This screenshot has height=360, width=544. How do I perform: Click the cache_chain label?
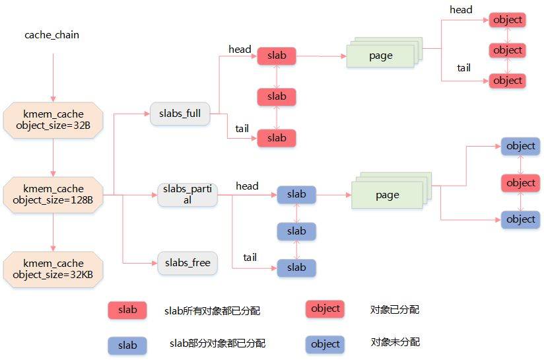pyautogui.click(x=51, y=34)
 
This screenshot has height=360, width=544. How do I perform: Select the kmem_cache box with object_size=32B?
pyautogui.click(x=52, y=120)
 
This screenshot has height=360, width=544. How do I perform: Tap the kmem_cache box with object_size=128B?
pyautogui.click(x=52, y=194)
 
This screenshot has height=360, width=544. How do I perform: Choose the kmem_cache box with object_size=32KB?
pyautogui.click(x=52, y=269)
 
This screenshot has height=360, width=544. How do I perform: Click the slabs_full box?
pyautogui.click(x=180, y=114)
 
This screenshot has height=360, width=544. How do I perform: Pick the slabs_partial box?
pyautogui.click(x=187, y=195)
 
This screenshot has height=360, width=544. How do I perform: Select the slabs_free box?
pyautogui.click(x=187, y=263)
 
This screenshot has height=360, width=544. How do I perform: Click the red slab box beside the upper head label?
pyautogui.click(x=277, y=55)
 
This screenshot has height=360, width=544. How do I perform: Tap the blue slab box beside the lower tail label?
pyautogui.click(x=296, y=268)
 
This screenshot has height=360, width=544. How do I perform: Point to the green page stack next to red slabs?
pyautogui.click(x=381, y=55)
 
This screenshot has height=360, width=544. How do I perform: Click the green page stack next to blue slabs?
pyautogui.click(x=387, y=195)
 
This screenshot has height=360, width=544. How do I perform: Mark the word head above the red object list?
pyautogui.click(x=461, y=9)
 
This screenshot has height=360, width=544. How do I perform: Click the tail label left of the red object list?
pyautogui.click(x=463, y=68)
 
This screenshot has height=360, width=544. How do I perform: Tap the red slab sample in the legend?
pyautogui.click(x=127, y=310)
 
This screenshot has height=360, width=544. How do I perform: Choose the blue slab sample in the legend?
pyautogui.click(x=127, y=345)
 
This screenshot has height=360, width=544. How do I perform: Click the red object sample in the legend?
pyautogui.click(x=325, y=308)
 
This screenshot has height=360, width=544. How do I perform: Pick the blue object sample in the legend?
pyautogui.click(x=325, y=344)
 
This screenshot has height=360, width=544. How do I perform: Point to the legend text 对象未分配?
pyautogui.click(x=395, y=342)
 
